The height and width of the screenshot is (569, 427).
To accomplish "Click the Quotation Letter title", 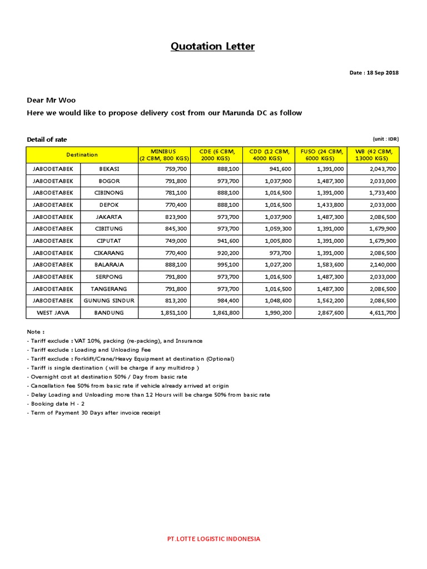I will point(213,46).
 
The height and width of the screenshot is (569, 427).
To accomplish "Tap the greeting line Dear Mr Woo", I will point(51,101).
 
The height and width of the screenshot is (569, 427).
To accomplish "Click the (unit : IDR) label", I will point(385,139).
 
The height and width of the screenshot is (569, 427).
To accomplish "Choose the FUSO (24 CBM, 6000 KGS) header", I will point(322,154).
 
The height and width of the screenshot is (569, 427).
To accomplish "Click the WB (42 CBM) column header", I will point(374,154).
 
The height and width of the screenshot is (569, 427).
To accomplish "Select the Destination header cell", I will point(82,154).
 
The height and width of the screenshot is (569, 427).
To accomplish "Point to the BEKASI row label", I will point(110,169).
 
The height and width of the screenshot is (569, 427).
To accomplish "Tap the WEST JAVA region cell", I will point(53,313).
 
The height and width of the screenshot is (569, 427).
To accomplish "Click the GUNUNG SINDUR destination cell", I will point(110,301).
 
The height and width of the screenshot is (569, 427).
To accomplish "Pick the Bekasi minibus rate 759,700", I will point(174,169).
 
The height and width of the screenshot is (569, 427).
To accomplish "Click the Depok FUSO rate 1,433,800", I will point(330,205).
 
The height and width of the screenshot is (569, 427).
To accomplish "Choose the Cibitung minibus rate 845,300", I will point(174,229).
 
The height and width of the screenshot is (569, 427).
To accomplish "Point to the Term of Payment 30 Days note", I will point(93,413).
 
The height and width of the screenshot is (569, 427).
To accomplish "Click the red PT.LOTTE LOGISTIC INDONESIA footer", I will point(213,538).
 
